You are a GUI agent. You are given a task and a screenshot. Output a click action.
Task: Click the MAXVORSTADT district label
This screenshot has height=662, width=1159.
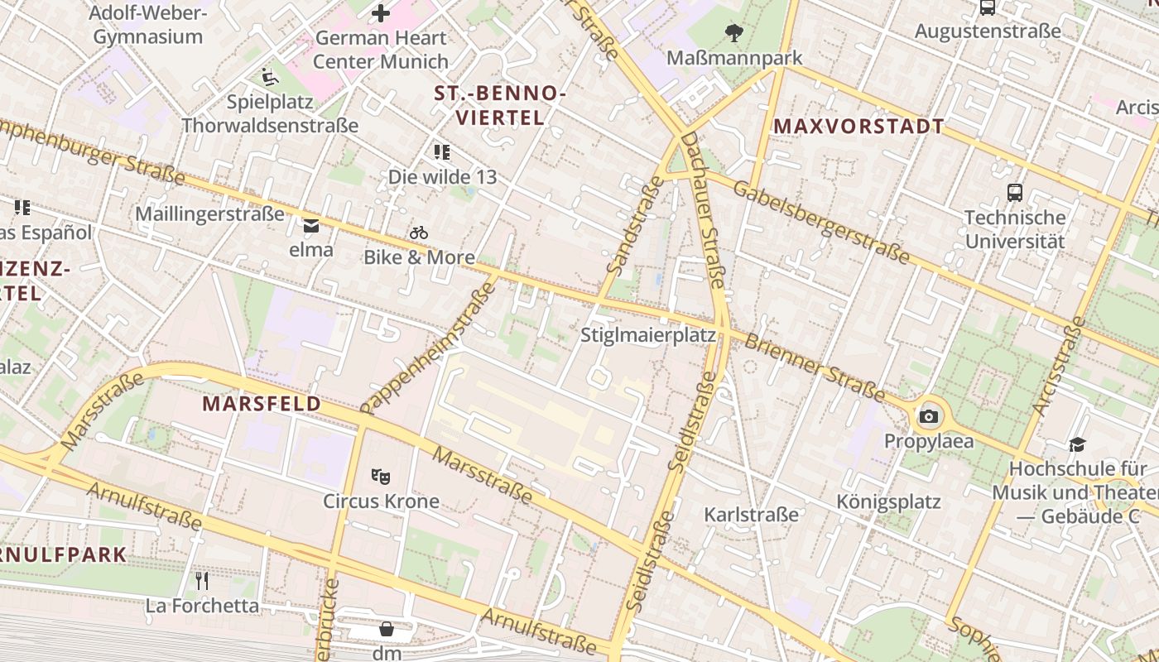pyautogui.click(x=858, y=127)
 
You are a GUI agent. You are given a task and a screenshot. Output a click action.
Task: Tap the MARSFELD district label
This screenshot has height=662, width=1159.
pyautogui.click(x=262, y=404)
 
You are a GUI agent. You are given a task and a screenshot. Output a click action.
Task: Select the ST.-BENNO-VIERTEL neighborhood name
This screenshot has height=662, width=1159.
pyautogui.click(x=500, y=106)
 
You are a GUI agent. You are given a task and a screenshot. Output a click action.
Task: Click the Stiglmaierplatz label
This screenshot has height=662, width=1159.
pyautogui.click(x=647, y=335)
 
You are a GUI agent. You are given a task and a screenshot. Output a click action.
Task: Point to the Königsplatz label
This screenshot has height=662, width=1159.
pyautogui.click(x=888, y=501)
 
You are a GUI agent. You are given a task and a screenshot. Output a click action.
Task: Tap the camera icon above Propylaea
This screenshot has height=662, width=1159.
pyautogui.click(x=929, y=416)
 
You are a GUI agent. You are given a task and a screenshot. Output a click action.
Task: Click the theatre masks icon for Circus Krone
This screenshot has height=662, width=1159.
pyautogui.click(x=381, y=476)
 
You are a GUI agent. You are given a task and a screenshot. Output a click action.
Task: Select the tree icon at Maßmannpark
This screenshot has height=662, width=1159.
pyautogui.click(x=733, y=33)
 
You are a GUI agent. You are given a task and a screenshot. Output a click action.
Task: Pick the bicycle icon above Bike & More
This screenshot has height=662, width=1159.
pyautogui.click(x=419, y=233)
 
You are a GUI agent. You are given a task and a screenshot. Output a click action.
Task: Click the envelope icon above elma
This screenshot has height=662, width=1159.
pyautogui.click(x=311, y=225)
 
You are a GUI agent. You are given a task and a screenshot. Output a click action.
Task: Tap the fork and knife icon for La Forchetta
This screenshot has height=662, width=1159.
pyautogui.click(x=202, y=580)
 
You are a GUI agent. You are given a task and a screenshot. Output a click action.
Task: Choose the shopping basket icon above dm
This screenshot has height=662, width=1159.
pyautogui.click(x=387, y=630)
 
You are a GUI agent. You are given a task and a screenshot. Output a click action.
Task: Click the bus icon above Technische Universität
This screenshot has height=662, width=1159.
pyautogui.click(x=1015, y=193)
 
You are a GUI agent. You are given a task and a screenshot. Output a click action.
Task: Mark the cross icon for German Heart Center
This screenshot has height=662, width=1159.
pyautogui.click(x=381, y=13)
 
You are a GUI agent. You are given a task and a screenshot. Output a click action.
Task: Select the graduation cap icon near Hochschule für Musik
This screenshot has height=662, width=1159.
pyautogui.click(x=1077, y=444)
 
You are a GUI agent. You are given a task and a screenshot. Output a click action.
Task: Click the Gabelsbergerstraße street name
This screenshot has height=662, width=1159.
pyautogui.click(x=821, y=220)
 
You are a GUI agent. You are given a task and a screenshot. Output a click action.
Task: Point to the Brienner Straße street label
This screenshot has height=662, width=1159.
pyautogui.click(x=815, y=367)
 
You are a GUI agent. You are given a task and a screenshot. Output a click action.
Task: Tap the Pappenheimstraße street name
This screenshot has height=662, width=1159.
pyautogui.click(x=429, y=348)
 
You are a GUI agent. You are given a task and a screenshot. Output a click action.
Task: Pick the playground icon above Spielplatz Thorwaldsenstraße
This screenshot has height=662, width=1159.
pyautogui.click(x=270, y=77)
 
